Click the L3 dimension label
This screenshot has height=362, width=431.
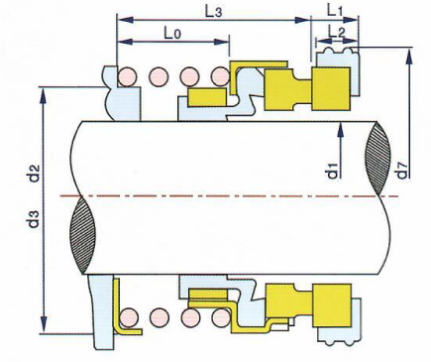coord(213,12)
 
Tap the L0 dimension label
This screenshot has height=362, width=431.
coord(172,33)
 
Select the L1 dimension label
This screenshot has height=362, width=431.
coord(335,11)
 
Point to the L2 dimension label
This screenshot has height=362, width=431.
coord(337,32)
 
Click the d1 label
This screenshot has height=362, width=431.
coord(333,171)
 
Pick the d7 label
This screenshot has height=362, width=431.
coord(402,171)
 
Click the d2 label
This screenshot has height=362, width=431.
coord(35,174)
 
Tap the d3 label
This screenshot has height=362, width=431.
coord(35,219)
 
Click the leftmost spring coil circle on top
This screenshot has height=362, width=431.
coord(127,77)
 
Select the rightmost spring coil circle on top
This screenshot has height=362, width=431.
coord(221,77)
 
